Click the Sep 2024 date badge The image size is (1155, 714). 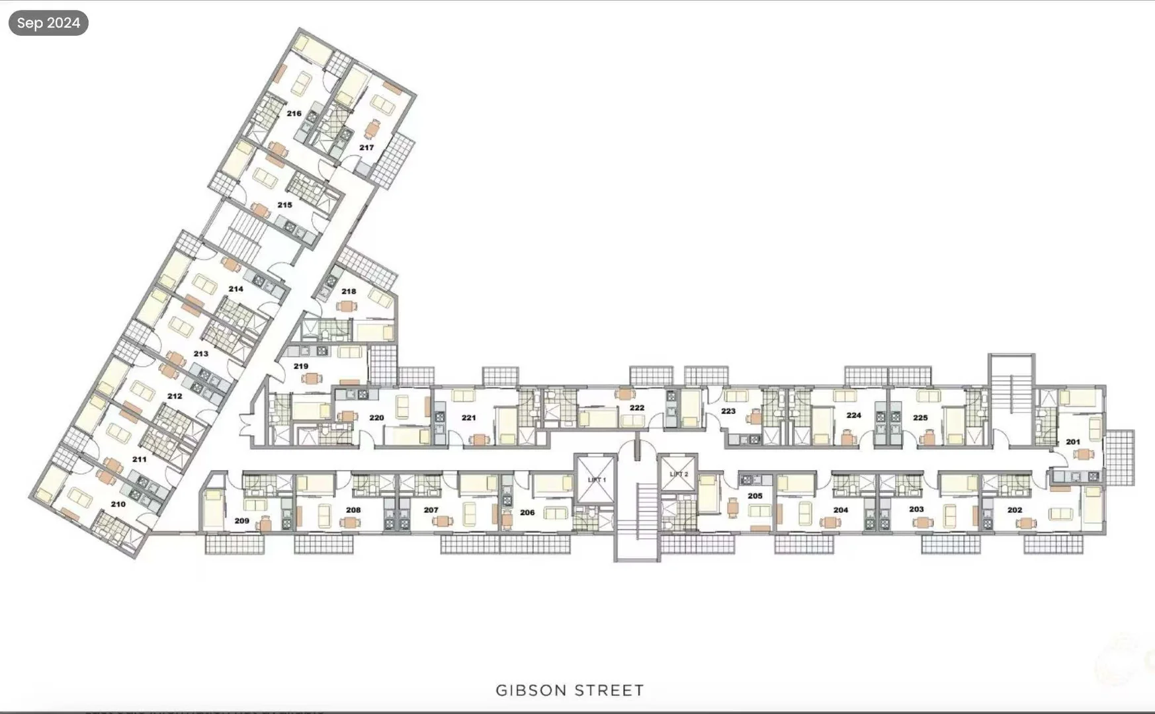click(48, 22)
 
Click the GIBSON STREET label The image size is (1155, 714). click(570, 690)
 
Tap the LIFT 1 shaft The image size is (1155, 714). click(596, 479)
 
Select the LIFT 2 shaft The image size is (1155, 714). click(678, 474)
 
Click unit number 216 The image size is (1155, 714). click(294, 114)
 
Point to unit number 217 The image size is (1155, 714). click(366, 147)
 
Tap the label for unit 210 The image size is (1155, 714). click(118, 504)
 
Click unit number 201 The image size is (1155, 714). click(1072, 442)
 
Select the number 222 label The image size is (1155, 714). click(636, 408)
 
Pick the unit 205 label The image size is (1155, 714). click(755, 496)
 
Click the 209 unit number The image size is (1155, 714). click(241, 521)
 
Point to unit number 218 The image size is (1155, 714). click(349, 292)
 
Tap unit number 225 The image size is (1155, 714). click(920, 418)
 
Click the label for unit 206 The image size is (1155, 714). click(527, 512)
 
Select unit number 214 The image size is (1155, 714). click(235, 289)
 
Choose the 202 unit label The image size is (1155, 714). click(1014, 510)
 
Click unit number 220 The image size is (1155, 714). click(376, 418)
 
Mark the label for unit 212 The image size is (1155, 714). click(174, 396)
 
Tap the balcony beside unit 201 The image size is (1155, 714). click(1119, 457)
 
